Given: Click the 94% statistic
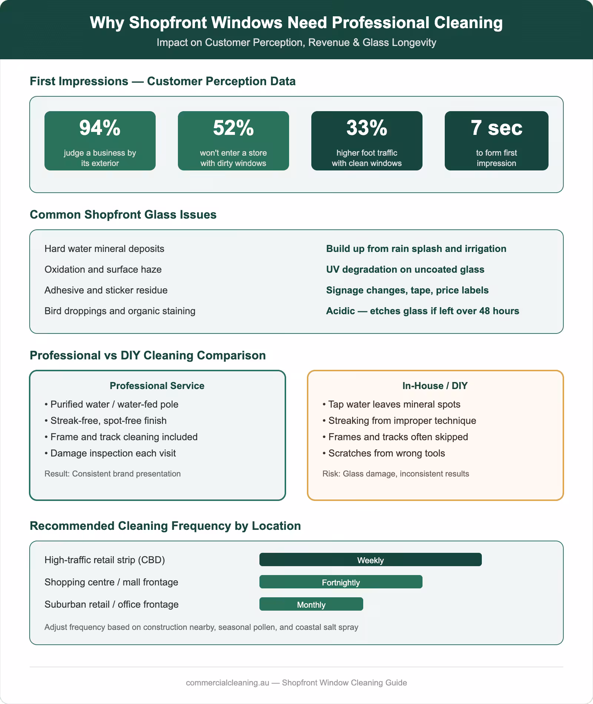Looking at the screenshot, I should (x=100, y=128).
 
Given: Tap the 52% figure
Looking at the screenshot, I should (x=233, y=128).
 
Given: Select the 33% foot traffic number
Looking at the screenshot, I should (x=367, y=128).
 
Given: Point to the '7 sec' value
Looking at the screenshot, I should (x=496, y=128).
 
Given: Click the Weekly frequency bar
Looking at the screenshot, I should (x=370, y=560).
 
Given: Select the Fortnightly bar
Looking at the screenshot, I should (x=341, y=582).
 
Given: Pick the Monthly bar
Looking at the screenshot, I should (x=311, y=604).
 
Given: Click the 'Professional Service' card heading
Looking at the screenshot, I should (x=157, y=386).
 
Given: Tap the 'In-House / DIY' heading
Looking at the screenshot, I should (x=435, y=386).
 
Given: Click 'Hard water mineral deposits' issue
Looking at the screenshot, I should (x=104, y=249).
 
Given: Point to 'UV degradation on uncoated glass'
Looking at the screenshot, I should (x=405, y=269).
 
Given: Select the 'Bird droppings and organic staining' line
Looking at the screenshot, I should (x=120, y=311).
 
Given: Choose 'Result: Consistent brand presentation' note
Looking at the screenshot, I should (x=112, y=474).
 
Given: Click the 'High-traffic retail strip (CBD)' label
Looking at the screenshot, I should (x=105, y=560).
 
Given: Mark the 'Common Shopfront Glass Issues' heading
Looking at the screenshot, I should (x=123, y=215).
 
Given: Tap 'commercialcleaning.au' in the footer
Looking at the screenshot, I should (x=227, y=683).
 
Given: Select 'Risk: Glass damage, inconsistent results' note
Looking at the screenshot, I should (x=395, y=474).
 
